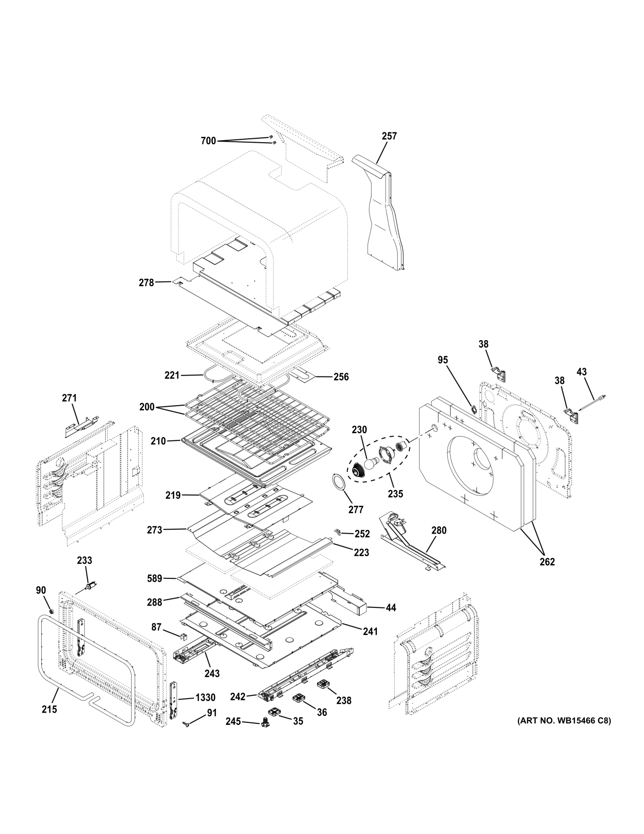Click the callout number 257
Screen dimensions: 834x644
click(389, 136)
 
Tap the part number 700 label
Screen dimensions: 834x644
click(208, 141)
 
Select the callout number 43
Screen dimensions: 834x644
click(581, 372)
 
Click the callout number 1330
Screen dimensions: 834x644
click(205, 698)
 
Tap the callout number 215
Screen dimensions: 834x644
click(49, 709)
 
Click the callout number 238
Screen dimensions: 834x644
click(343, 701)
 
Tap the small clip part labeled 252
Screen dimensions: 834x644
click(338, 533)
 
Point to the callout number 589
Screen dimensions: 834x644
click(156, 578)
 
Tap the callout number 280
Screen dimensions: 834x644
click(438, 530)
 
